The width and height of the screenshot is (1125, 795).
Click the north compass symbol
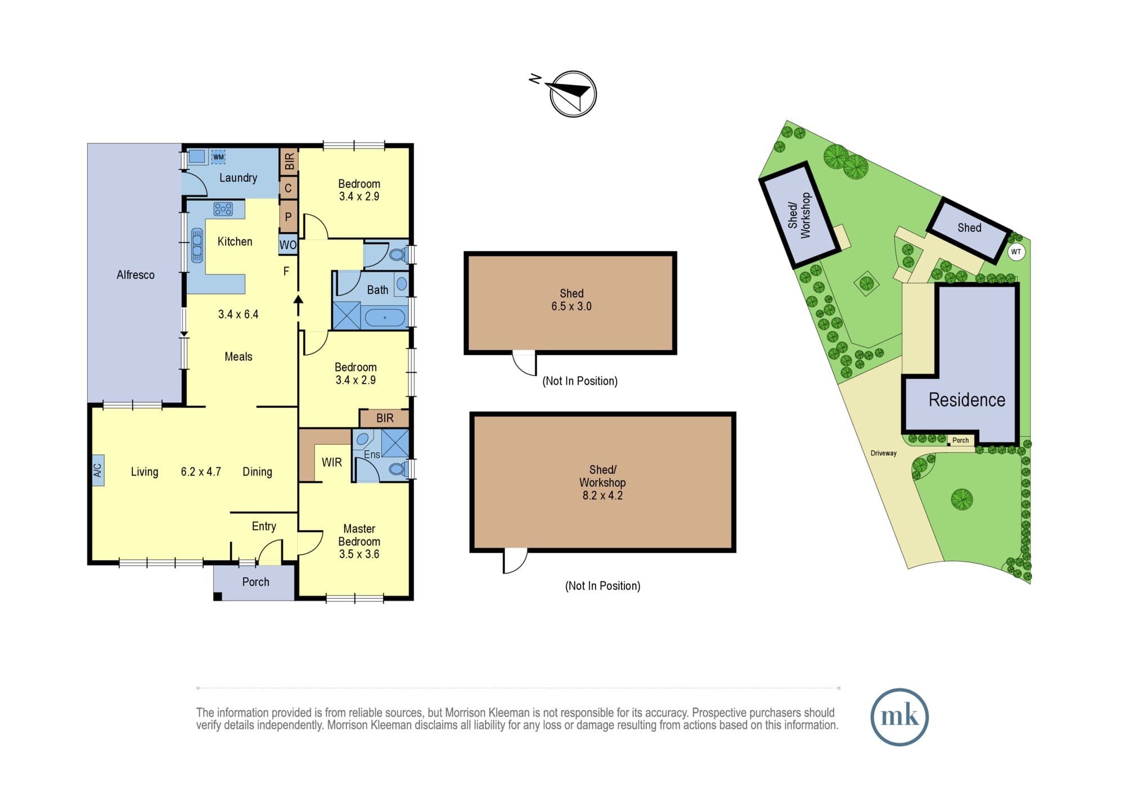coord(573,94)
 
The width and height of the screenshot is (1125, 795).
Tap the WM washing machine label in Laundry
coord(218,157)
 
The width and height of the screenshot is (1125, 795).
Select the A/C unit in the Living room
coord(97,470)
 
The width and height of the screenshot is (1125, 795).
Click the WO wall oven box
coord(288,245)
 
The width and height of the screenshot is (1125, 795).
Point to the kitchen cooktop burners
coord(223,209)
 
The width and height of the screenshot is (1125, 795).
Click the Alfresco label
coord(136,275)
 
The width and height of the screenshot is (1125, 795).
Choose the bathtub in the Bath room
coord(385,318)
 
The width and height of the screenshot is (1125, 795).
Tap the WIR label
coord(332,462)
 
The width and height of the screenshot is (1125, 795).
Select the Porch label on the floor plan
coord(256,582)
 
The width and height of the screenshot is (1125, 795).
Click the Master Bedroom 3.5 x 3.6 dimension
coord(359,554)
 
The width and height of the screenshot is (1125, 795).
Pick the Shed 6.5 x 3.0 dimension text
coord(571,306)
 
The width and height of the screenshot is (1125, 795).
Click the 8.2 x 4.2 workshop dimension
coord(602,495)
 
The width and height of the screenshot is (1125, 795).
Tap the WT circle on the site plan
coord(1016,251)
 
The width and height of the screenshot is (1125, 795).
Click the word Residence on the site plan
coord(967,400)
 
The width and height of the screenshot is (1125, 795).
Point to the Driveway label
coord(884,453)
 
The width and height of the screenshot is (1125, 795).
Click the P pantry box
coord(288,216)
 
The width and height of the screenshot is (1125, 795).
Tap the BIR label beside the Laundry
coord(289,162)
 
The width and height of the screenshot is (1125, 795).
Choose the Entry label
coord(264,526)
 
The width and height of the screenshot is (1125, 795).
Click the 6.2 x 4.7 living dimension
coord(201,472)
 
